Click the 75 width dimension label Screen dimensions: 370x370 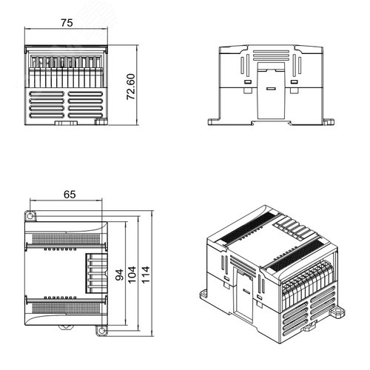click(67, 23)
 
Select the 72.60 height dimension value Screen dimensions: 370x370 click(131, 87)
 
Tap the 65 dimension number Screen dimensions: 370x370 click(70, 195)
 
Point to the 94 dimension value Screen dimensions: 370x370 click(119, 275)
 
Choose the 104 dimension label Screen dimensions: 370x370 click(132, 275)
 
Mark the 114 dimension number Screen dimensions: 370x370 click(145, 275)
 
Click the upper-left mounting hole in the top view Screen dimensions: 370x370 click(30, 216)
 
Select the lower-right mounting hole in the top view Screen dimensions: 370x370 click(101, 331)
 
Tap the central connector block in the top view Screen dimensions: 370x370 click(96, 273)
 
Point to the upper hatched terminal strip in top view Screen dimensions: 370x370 click(66, 238)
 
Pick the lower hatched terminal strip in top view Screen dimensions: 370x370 click(66, 308)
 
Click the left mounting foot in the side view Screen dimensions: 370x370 click(214, 122)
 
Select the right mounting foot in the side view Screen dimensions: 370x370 click(329, 122)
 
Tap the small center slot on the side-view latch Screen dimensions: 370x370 click(271, 89)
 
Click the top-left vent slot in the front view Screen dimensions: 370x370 click(47, 94)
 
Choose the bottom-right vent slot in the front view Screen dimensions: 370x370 click(85, 115)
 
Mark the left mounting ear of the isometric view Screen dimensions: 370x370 click(203, 294)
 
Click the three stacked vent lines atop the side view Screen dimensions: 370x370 click(271, 55)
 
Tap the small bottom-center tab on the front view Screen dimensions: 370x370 click(66, 123)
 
